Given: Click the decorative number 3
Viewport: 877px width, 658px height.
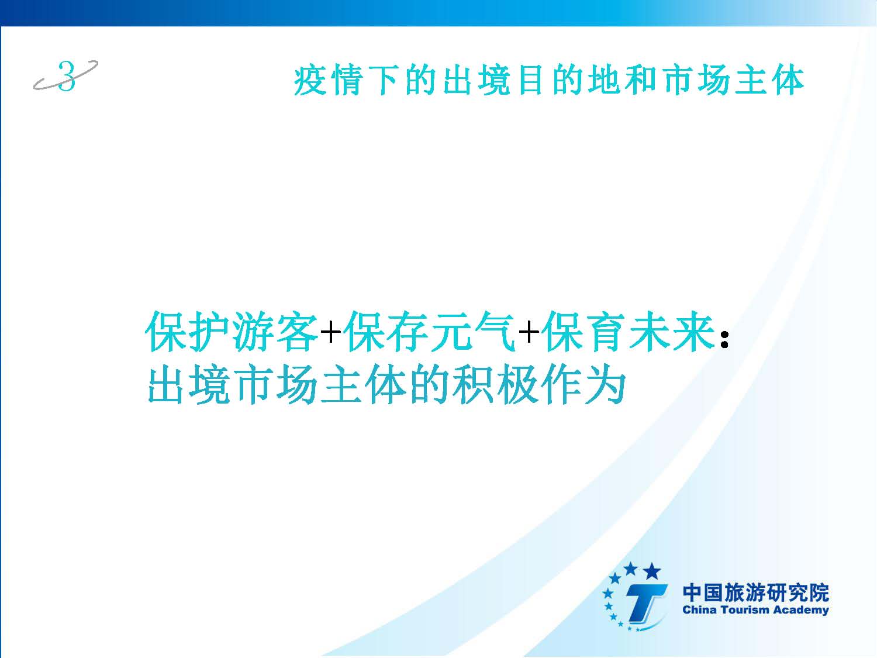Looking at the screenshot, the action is coord(67,76).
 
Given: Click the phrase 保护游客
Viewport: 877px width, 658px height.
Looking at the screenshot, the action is coord(232,332).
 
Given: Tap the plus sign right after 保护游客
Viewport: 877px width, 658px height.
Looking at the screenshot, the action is coord(331,332).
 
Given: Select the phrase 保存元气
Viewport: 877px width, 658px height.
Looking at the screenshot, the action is coord(430,332).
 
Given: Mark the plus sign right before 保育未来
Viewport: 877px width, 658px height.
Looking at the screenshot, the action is coord(529,332).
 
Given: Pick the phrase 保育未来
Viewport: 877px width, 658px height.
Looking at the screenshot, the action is coord(628,332).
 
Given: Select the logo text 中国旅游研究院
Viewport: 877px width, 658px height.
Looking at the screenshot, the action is coord(755,593).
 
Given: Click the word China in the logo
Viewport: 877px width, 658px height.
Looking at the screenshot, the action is coord(699,610).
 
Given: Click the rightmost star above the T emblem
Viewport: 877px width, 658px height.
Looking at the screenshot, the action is coord(652,571).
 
